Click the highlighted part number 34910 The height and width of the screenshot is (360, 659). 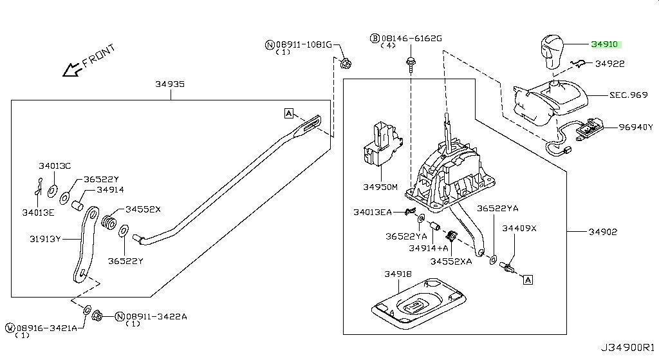pos(604,44)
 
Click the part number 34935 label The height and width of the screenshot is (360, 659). pos(169,84)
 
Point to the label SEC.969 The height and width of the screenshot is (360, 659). pos(628,94)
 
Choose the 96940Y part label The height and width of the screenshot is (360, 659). pos(635,128)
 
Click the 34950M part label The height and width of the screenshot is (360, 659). pos(380,187)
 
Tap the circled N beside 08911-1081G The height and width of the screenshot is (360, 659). pos(270,44)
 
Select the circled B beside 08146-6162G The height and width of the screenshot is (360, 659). pos(374,39)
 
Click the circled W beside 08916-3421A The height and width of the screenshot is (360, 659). pos(10,328)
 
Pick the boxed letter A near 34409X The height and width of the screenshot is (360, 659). pos(528,279)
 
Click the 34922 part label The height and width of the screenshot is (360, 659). pos(609,64)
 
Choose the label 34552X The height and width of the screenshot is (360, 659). pos(143,209)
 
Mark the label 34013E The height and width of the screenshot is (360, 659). pos(37,212)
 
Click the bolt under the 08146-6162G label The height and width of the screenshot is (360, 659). pos(409,63)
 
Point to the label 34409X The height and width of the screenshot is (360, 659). pos(519,229)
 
